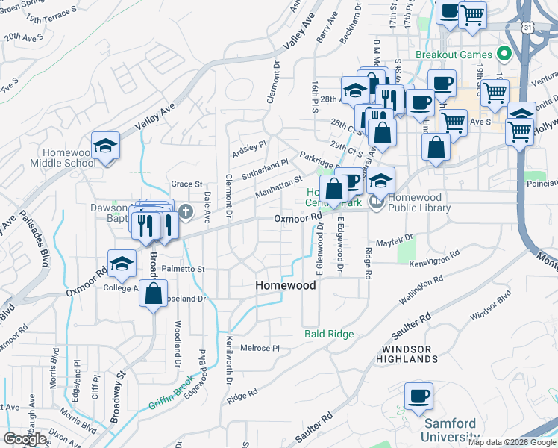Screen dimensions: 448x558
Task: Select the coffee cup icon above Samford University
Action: (418, 395)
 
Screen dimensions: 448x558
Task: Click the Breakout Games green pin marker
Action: (504, 55)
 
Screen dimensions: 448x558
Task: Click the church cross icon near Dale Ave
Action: (186, 213)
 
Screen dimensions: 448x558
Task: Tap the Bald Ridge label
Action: (329, 334)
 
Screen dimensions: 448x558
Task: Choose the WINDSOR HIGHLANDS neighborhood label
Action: (407, 354)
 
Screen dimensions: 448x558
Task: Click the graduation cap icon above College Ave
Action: (122, 262)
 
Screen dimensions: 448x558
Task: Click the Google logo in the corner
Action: (25, 439)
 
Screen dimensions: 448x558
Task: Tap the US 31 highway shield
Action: (528, 28)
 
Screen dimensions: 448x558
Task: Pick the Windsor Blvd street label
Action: (490, 307)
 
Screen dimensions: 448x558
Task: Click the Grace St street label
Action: (186, 184)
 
